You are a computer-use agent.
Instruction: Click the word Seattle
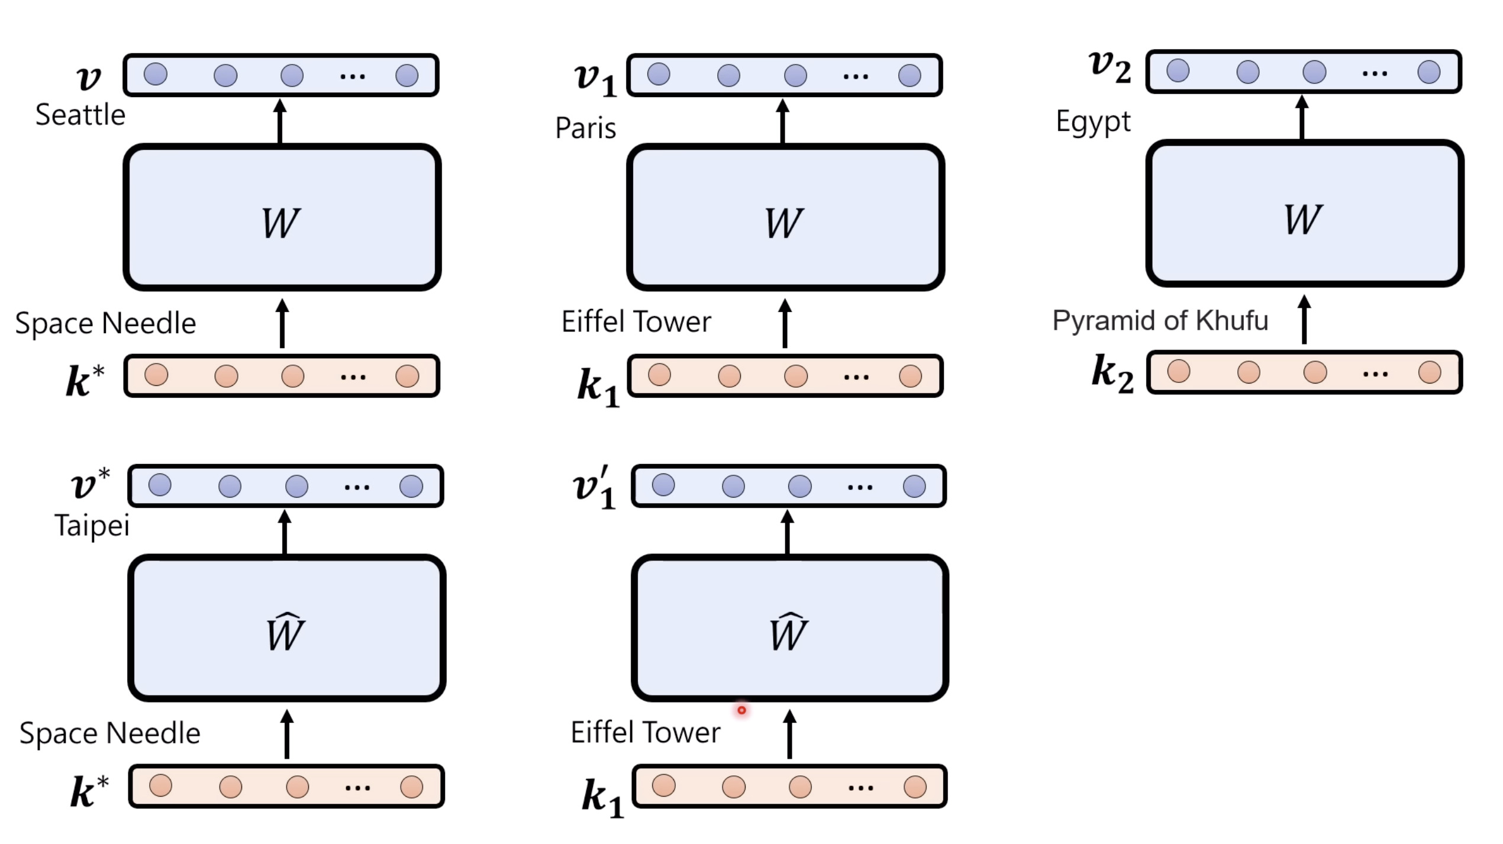[x=80, y=115]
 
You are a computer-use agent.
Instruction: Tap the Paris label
[x=586, y=128]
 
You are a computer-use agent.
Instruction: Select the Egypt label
[x=1093, y=122]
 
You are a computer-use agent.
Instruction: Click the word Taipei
[x=92, y=526]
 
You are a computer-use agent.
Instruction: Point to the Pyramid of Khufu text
[x=1160, y=321]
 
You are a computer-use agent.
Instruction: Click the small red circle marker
[x=741, y=710]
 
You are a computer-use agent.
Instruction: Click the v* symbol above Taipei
[x=90, y=484]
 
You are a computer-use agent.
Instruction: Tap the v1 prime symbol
[x=595, y=488]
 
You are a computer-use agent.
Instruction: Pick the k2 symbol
[x=1112, y=373]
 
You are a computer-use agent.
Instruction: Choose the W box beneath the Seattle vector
[x=282, y=218]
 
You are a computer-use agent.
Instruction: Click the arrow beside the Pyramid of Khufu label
[x=1304, y=320]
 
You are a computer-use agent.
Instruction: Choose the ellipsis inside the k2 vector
[x=1375, y=374]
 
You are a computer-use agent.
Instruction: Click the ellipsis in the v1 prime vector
[x=860, y=488]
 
